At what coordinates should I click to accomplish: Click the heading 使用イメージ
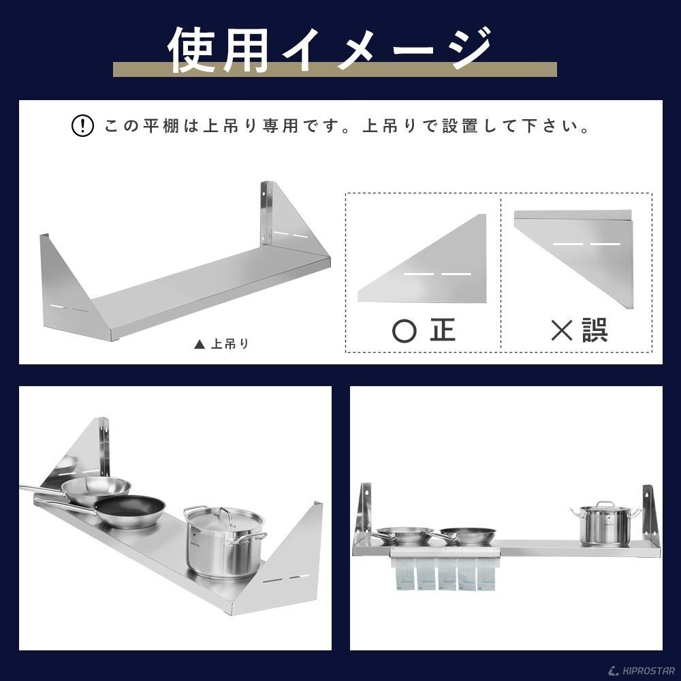331,49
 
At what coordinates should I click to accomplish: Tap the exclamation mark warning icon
82,126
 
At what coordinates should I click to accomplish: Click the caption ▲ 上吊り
221,344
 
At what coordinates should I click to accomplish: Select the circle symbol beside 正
405,330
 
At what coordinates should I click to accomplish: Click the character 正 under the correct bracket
443,330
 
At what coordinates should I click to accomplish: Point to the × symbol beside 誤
562,330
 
